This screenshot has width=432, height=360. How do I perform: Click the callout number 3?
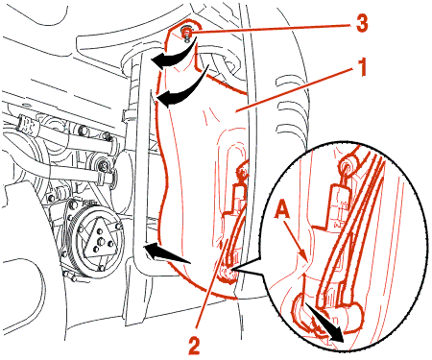(362, 23)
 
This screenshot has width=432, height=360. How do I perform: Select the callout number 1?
(362, 67)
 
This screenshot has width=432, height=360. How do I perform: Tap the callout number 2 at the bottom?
(194, 345)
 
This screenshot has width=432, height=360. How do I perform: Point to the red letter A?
(283, 210)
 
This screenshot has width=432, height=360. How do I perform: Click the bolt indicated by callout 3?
(186, 34)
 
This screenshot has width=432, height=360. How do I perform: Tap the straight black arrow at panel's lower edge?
(167, 252)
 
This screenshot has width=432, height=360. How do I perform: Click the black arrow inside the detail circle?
(324, 323)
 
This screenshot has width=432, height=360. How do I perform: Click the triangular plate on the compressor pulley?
(100, 237)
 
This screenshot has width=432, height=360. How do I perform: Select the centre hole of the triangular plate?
(101, 241)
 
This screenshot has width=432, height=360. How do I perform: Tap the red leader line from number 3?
(272, 28)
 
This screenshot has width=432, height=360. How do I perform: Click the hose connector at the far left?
(30, 126)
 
